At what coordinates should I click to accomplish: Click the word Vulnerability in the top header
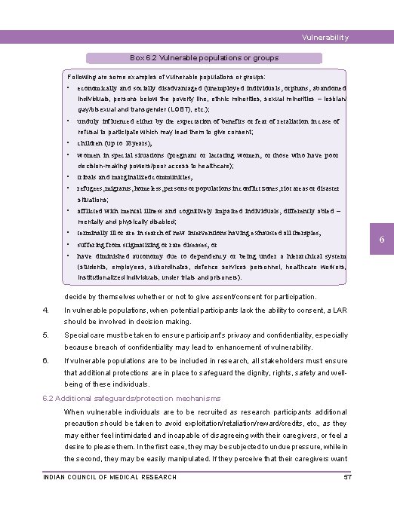click(x=325, y=38)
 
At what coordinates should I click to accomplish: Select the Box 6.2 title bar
click(x=204, y=58)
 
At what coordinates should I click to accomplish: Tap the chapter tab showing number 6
click(x=382, y=239)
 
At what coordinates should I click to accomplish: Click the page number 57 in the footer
click(x=348, y=477)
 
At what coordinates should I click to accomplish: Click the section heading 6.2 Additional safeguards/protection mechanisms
click(x=132, y=398)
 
